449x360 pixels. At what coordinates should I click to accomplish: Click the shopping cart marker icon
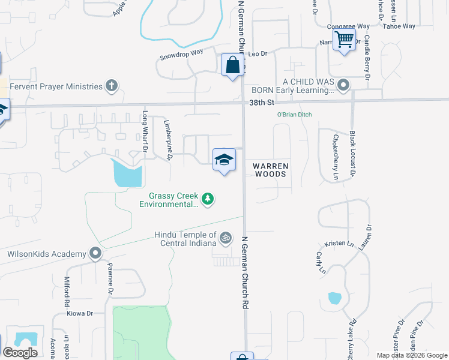344,40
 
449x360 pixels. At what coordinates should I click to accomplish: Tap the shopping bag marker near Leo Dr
232,65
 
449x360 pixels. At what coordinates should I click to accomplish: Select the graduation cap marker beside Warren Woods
224,160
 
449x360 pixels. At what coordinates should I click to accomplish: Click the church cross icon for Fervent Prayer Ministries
111,86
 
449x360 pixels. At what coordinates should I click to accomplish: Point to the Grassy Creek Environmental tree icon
208,199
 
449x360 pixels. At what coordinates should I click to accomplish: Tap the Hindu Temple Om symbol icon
225,238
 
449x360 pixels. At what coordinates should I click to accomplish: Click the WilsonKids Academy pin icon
95,254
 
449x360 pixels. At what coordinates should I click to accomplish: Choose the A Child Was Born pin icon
343,86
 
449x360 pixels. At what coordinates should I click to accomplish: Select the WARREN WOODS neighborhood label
271,169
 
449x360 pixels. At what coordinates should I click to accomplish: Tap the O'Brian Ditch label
294,115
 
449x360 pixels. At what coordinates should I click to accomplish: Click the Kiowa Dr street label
81,313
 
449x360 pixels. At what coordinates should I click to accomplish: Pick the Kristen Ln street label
337,243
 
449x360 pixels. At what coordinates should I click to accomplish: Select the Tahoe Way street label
400,26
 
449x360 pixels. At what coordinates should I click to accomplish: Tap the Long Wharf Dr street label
145,130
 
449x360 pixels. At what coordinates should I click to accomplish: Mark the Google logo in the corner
20,353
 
